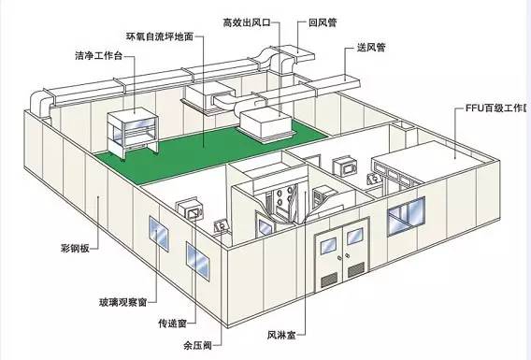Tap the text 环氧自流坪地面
162,36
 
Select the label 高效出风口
246,21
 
